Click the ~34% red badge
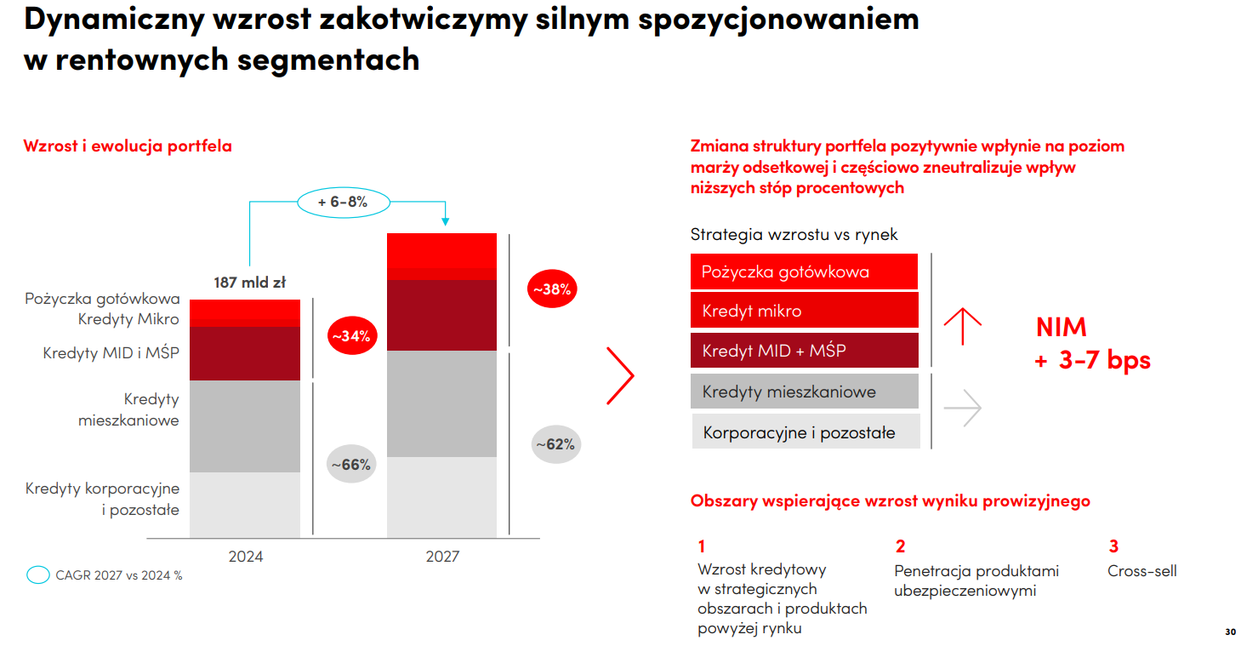coord(351,336)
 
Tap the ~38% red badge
coord(552,289)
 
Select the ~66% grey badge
coord(351,465)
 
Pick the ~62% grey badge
coord(555,444)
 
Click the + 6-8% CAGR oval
coord(343,203)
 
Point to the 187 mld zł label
coord(249,282)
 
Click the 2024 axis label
coord(246,557)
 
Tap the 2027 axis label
coord(442,557)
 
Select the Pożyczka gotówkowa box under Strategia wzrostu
coord(804,272)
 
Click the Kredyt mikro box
coord(804,311)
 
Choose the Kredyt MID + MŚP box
coord(804,350)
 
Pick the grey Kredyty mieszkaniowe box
coord(804,392)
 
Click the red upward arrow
coord(962,327)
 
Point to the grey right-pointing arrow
coord(962,409)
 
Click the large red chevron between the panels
coord(621,375)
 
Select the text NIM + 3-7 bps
coord(1091,344)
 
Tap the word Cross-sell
coord(1141,571)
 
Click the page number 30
coord(1230,632)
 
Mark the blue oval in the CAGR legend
coord(38,575)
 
